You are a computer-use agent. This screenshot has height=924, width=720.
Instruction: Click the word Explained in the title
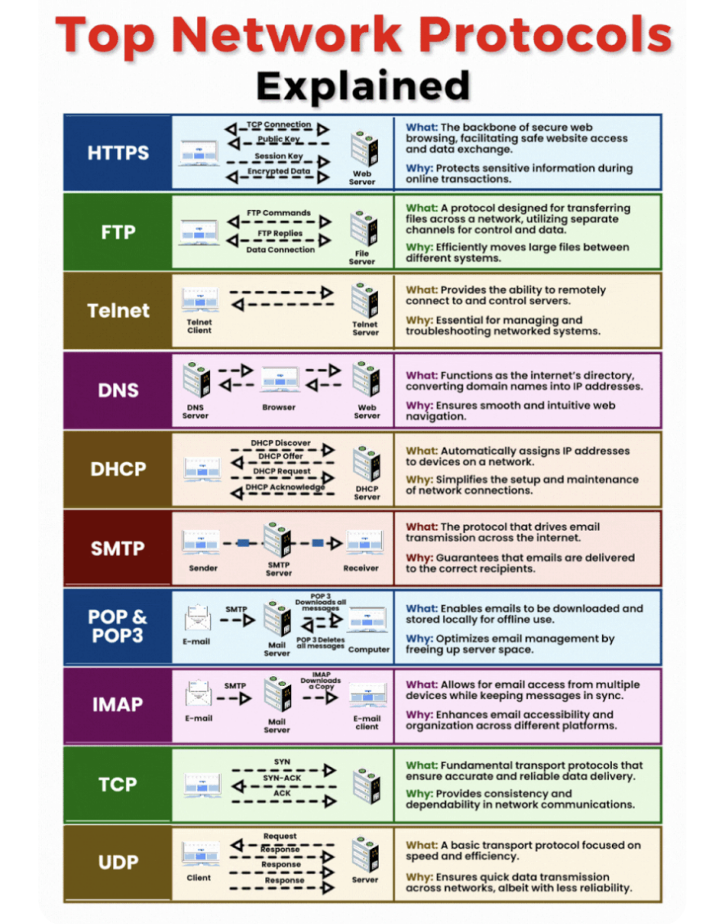[362, 85]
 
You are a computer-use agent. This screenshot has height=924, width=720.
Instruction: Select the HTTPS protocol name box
[118, 153]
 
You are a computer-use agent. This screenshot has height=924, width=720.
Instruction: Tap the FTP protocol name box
[118, 232]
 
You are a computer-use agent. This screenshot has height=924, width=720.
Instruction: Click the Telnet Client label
[199, 326]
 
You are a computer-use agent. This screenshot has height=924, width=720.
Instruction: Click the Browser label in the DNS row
[278, 406]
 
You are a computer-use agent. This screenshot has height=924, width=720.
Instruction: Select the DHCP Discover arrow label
[281, 443]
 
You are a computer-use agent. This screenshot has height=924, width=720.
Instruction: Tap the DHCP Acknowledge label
[286, 487]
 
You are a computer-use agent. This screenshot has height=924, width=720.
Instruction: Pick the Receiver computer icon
[361, 541]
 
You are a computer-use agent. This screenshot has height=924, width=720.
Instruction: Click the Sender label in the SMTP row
[203, 567]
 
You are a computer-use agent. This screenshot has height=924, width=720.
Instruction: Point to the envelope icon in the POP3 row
[198, 618]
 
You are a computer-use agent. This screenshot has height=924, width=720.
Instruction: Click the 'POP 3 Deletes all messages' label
[321, 643]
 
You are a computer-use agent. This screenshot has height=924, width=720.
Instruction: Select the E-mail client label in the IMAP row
[367, 723]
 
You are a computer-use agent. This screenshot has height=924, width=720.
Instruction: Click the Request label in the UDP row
[280, 837]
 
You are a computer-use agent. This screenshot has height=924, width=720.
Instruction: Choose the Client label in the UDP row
[198, 877]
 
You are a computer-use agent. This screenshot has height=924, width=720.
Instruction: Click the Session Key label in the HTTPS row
[278, 156]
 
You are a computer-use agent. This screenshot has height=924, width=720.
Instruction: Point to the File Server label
[362, 257]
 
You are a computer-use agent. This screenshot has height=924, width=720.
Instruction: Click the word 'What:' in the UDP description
[421, 845]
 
